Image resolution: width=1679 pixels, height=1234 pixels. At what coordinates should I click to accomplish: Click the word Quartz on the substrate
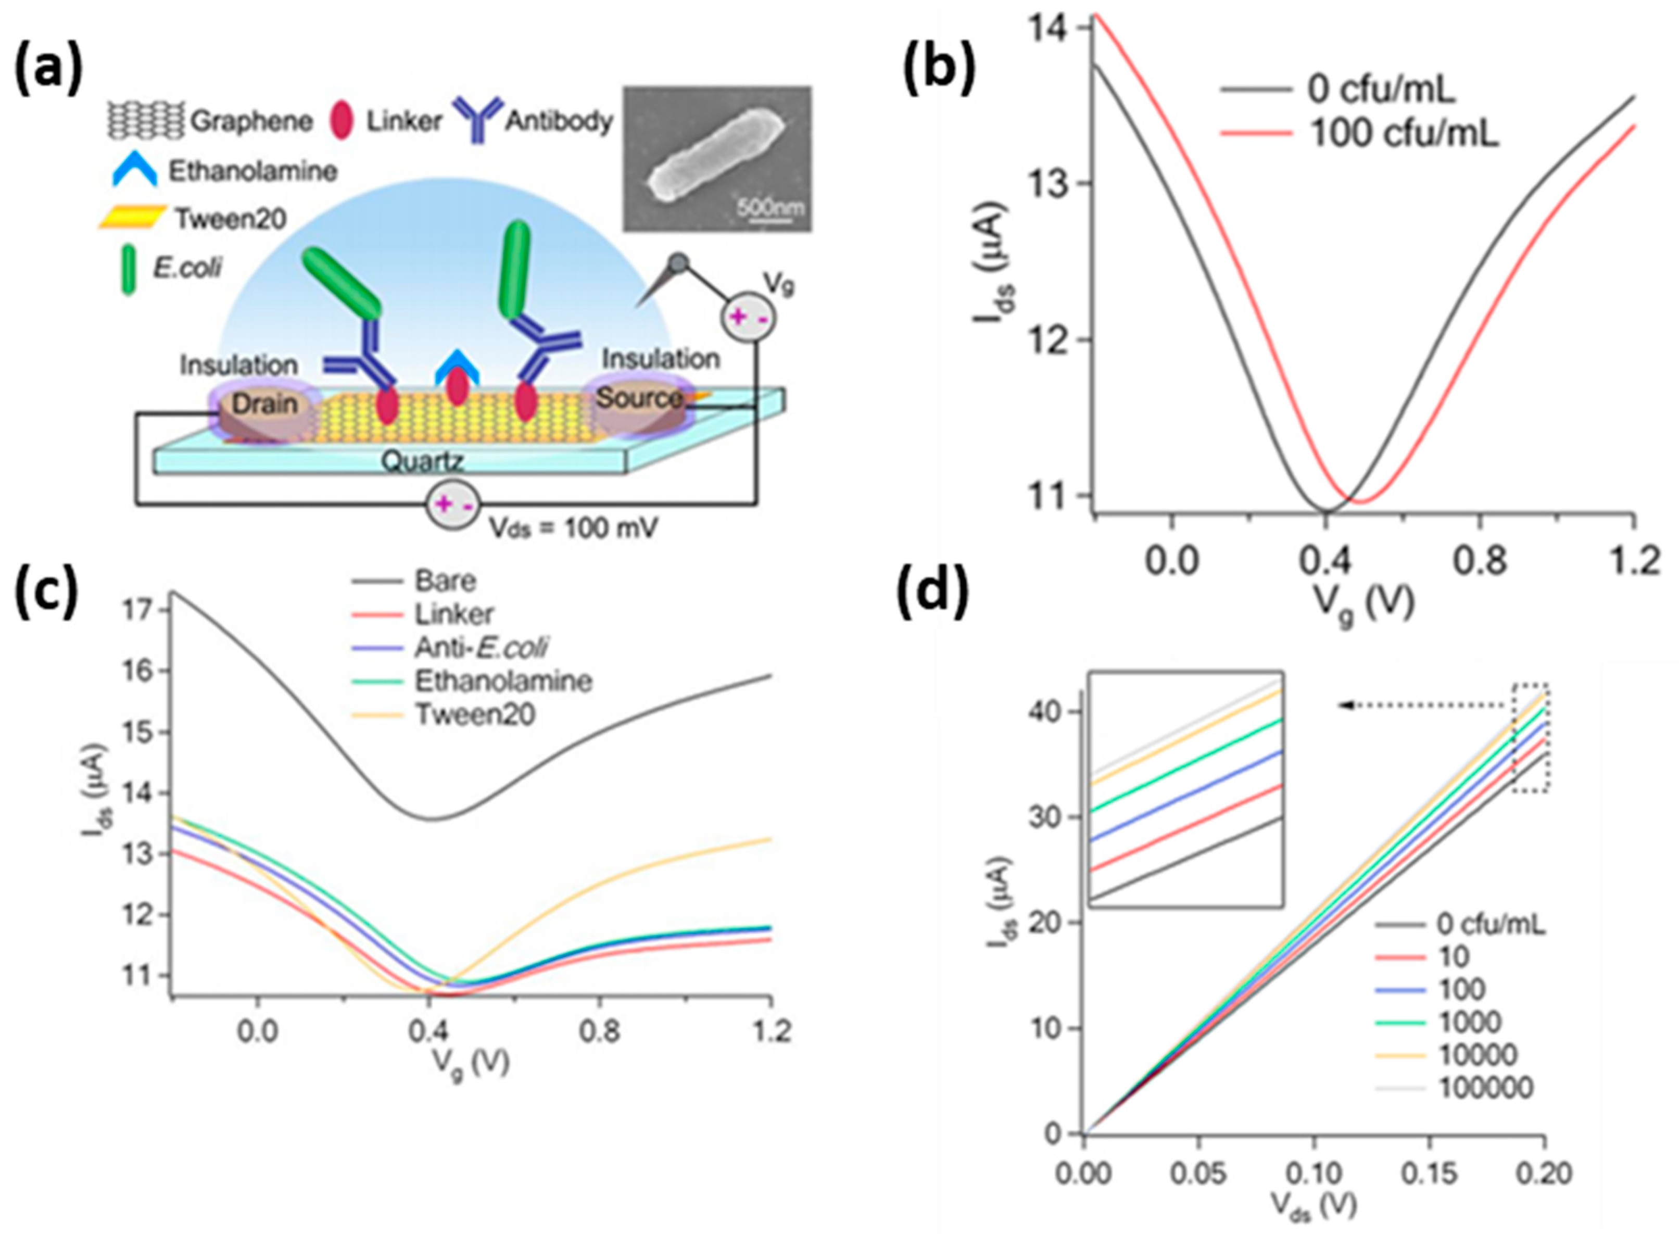coord(422,461)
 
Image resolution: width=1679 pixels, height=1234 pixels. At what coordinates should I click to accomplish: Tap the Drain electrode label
coord(264,404)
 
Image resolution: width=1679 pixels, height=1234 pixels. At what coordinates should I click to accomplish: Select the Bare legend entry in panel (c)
coord(445,581)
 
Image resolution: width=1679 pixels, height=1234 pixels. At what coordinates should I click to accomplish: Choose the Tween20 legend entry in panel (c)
coord(475,715)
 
